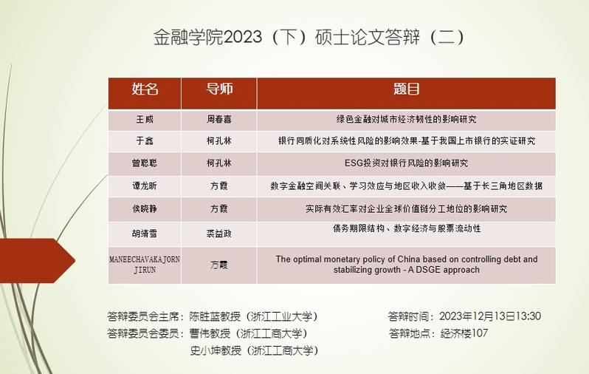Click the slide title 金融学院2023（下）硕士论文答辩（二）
[x=309, y=37]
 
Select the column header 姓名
[x=145, y=89]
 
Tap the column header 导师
[x=219, y=89]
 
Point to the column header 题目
[x=406, y=89]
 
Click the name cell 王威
[x=145, y=119]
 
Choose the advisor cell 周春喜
[x=219, y=119]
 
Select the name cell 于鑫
[x=145, y=140]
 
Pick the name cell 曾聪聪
[x=145, y=163]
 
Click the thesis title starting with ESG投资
[x=406, y=163]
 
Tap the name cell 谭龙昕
[x=145, y=186]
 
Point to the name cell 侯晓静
[x=145, y=208]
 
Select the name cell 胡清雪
[x=145, y=234]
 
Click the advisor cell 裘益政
[x=219, y=234]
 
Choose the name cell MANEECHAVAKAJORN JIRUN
[x=145, y=265]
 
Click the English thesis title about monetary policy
[x=407, y=265]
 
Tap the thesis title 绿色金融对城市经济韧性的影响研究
[x=406, y=119]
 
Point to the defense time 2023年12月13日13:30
[x=490, y=316]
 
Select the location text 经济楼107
[x=464, y=333]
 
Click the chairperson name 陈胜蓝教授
[x=215, y=316]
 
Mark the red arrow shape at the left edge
[x=37, y=260]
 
